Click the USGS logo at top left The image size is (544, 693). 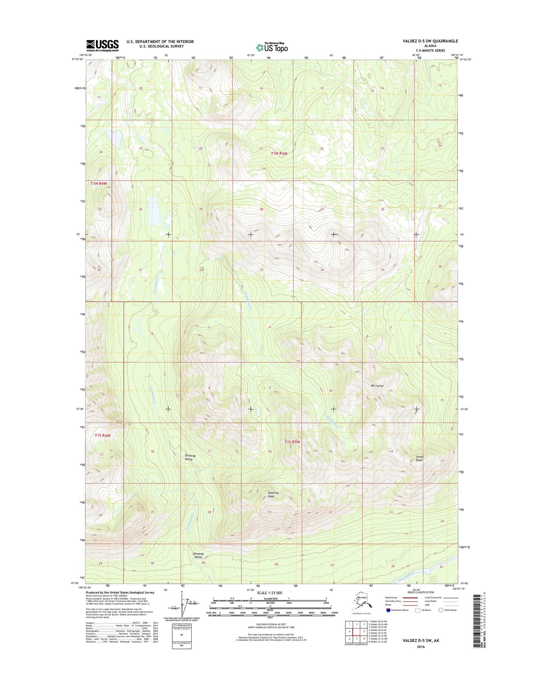click(102, 46)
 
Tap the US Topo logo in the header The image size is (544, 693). click(272, 47)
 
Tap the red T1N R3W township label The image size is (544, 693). click(279, 153)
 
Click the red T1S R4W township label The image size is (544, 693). click(103, 435)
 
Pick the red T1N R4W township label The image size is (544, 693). click(99, 183)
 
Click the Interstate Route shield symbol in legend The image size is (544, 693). click(388, 610)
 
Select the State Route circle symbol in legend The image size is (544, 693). click(440, 610)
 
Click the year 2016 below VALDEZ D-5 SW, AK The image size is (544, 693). click(421, 647)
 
